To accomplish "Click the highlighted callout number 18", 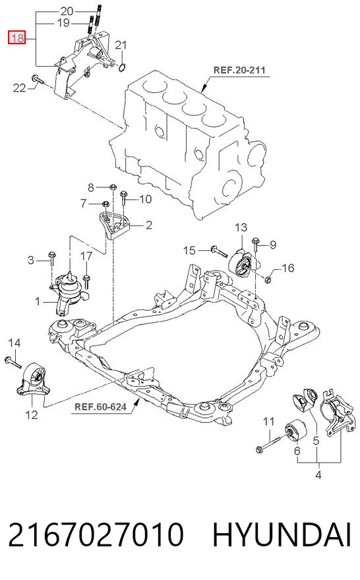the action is click(x=17, y=38).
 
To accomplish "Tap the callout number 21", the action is click(x=121, y=45).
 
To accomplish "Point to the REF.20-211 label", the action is click(x=239, y=70).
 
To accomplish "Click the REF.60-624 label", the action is click(x=100, y=407).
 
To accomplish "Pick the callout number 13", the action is click(x=241, y=227).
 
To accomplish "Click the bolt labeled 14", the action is click(x=13, y=362).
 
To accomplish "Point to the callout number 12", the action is click(x=32, y=414).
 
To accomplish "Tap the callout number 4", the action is click(x=318, y=474).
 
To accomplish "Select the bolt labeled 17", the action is click(x=86, y=281).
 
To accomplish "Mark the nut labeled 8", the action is click(x=113, y=187).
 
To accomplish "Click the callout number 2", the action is click(x=148, y=225).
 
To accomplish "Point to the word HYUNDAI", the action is click(x=282, y=535).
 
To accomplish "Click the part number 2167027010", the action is click(x=96, y=535).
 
